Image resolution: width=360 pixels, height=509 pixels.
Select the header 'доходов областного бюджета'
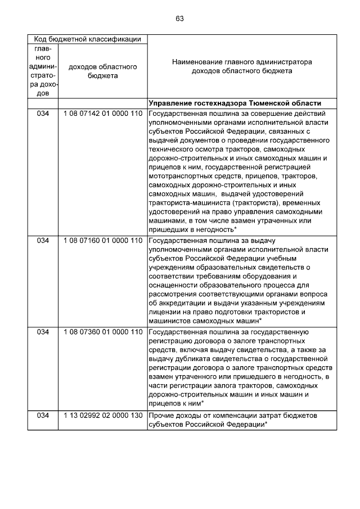[x=102, y=71]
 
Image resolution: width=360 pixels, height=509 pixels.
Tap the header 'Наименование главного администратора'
[x=242, y=62]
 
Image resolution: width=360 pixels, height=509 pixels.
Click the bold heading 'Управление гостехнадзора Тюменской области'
[x=235, y=103]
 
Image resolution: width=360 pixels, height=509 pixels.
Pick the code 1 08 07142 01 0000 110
[x=102, y=114]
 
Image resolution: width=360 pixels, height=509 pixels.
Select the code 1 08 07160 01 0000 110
[x=102, y=241]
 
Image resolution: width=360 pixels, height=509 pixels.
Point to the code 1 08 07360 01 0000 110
[x=102, y=332]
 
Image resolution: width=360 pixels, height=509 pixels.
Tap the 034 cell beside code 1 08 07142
[x=43, y=114]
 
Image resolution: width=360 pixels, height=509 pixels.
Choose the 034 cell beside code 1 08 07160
[x=43, y=241]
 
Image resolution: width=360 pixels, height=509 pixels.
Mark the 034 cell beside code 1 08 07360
[x=43, y=332]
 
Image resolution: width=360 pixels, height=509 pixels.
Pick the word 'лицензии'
[x=165, y=312]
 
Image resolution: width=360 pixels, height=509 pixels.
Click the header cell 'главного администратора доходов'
[x=43, y=71]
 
